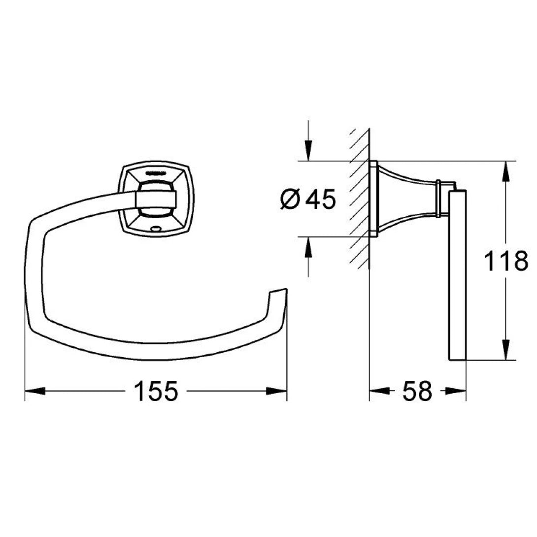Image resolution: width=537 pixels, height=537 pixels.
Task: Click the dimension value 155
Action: tap(155, 392)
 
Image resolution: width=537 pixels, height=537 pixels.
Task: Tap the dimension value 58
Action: tap(417, 392)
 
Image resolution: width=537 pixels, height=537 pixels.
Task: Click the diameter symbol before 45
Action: tap(291, 200)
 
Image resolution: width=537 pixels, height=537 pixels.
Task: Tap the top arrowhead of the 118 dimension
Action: tap(506, 170)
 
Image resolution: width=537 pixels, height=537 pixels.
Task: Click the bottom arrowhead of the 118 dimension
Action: tap(506, 351)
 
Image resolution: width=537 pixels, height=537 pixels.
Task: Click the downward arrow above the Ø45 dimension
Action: tap(308, 151)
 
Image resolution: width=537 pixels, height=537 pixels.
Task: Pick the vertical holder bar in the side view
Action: tap(457, 276)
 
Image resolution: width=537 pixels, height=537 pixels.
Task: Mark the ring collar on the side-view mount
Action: tap(437, 199)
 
